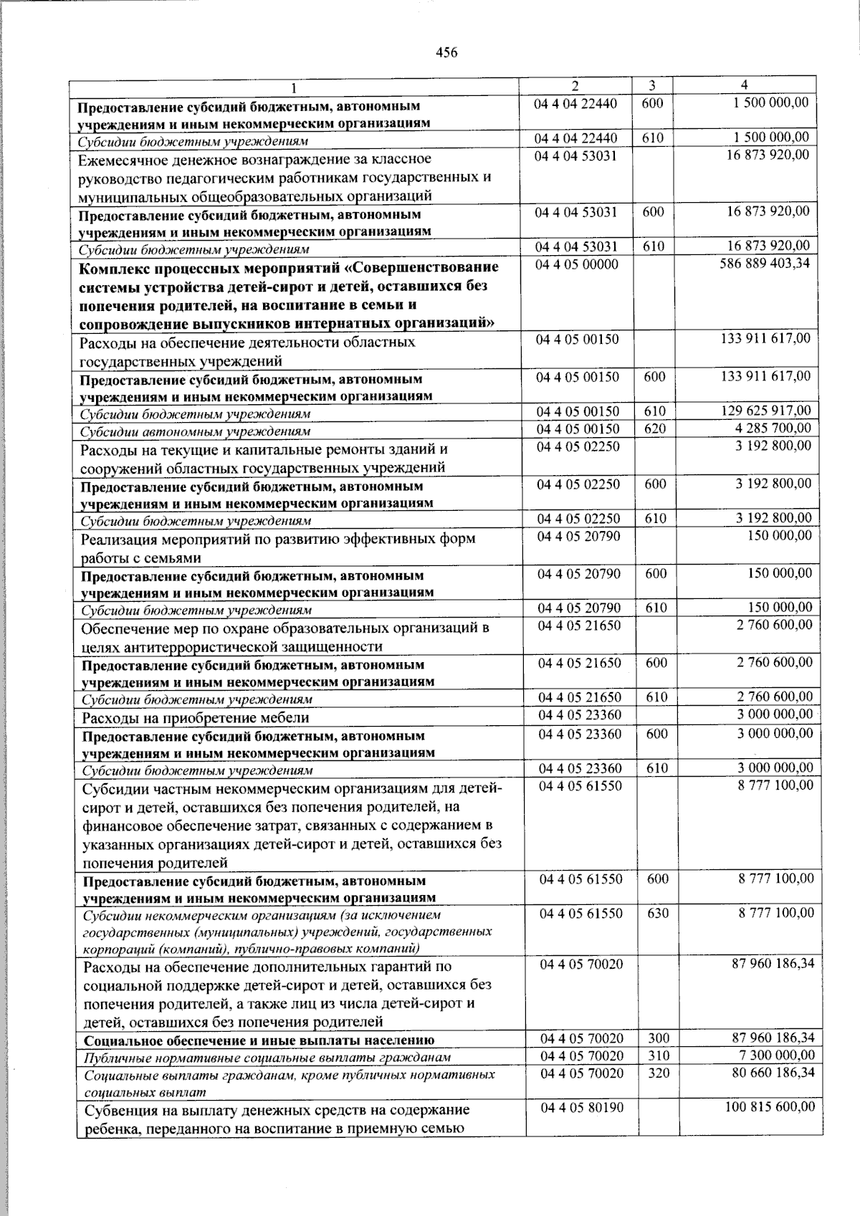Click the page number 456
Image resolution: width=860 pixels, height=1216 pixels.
click(x=446, y=52)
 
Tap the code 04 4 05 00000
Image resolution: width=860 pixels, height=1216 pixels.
click(x=576, y=264)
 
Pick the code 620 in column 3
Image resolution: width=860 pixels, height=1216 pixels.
click(x=654, y=429)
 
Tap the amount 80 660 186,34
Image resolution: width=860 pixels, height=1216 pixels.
click(x=768, y=1073)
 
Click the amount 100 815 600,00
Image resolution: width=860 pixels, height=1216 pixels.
click(x=767, y=1107)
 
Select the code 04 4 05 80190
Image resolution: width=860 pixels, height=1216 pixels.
click(x=581, y=1108)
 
